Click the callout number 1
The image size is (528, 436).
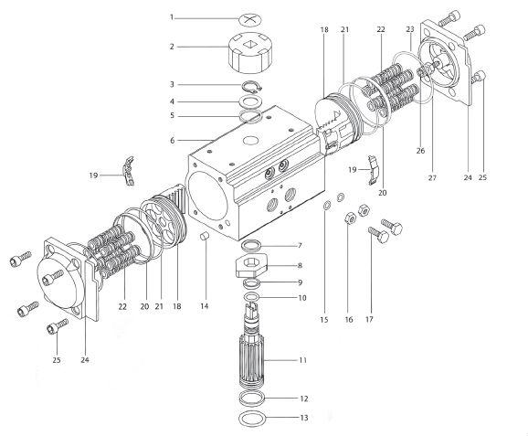(172, 17)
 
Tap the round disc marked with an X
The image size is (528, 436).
(250, 18)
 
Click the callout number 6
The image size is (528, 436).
(172, 140)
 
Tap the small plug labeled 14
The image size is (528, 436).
(206, 239)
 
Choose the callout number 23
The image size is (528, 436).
(409, 29)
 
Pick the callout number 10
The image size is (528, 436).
(301, 298)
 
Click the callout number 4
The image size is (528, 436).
(172, 101)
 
